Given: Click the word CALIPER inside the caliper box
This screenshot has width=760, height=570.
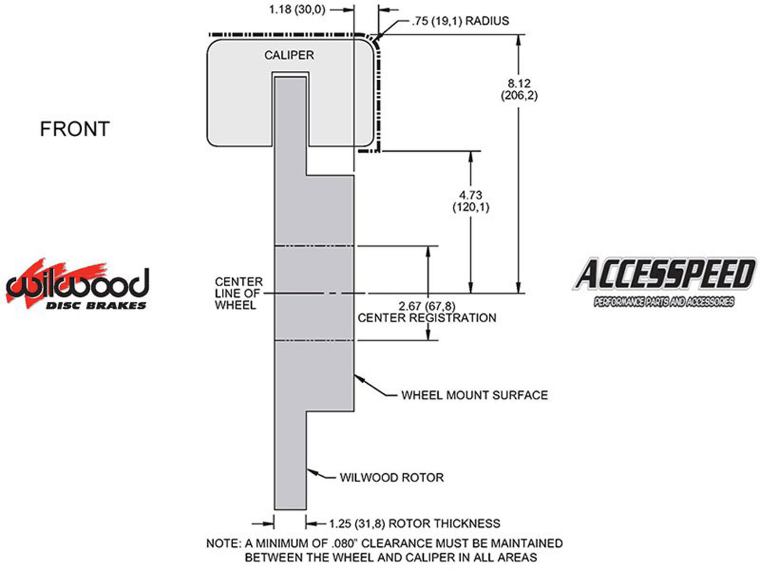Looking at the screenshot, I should point(289,55).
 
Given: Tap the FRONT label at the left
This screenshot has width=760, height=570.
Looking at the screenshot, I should point(75,129).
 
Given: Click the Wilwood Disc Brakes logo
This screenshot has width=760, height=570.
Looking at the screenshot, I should point(77,285).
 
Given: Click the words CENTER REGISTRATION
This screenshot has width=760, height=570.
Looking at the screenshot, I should point(427,318).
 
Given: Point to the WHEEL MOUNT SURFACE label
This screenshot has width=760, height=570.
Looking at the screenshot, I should point(474,395).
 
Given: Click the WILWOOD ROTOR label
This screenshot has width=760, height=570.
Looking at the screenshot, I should point(391,477).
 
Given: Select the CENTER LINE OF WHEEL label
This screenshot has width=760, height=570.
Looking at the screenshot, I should point(238,294).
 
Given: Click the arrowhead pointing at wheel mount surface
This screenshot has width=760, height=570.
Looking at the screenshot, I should point(358,378).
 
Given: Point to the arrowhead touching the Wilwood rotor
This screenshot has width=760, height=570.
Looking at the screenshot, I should point(311,472).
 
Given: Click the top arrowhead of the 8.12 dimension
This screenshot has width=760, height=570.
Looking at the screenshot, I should point(519,39).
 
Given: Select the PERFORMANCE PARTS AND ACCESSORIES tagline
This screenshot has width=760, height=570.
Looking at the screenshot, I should point(664,302).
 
